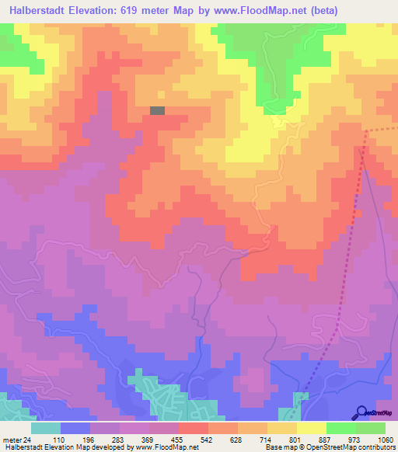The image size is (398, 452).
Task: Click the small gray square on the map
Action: [x=157, y=111]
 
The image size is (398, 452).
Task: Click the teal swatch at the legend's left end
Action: [x=45, y=428]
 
